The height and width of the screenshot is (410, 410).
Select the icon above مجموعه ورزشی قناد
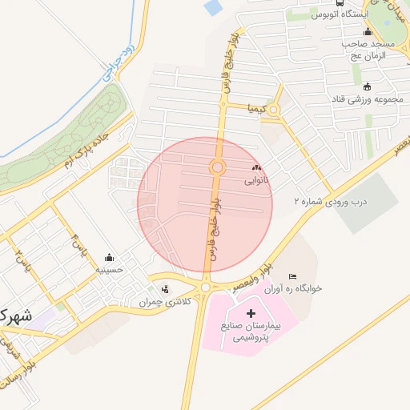point(367,86)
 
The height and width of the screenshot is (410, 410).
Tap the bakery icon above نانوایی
point(256,168)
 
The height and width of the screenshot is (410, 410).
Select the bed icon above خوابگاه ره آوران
point(291,276)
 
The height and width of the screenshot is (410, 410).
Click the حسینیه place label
point(110,270)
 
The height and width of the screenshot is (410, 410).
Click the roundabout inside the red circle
point(216,167)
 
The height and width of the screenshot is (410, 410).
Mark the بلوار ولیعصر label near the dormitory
point(260,270)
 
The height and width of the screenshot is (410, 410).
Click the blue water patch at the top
point(214,8)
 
